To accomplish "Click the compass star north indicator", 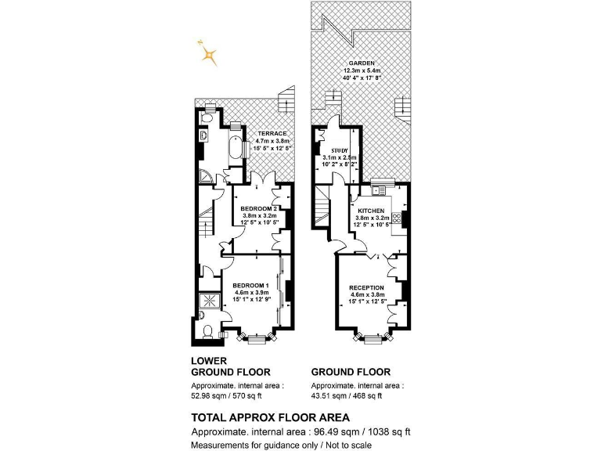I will point(207,53).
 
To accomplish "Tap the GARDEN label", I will point(362,63).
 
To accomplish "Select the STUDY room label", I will point(340,150).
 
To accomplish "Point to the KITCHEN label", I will point(371,211).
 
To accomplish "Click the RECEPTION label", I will point(366,287).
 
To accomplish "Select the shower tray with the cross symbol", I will point(209,300).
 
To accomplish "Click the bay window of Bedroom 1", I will point(256,338).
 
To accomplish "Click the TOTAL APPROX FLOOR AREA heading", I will point(270,417).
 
